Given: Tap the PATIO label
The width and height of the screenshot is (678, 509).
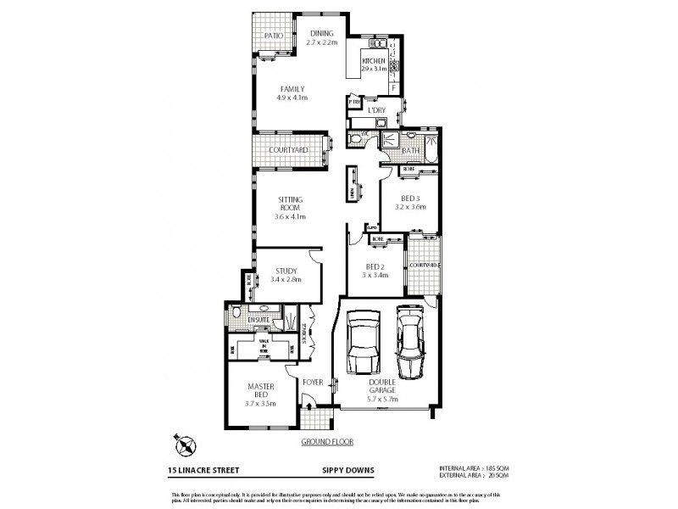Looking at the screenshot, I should click(x=273, y=36).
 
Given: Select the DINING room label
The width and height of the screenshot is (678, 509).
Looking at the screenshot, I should click(x=322, y=33).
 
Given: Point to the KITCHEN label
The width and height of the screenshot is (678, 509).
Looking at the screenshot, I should click(x=375, y=62).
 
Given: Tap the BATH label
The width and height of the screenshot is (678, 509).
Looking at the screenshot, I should click(x=412, y=150).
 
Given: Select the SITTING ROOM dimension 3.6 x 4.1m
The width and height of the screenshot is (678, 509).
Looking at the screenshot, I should click(x=290, y=216).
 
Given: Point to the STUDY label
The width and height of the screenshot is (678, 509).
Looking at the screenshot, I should click(x=286, y=271).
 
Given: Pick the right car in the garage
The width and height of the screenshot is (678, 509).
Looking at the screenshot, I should click(x=412, y=341).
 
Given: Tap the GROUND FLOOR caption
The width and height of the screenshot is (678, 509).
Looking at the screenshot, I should click(x=326, y=442).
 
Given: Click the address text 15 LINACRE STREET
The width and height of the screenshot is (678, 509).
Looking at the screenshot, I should click(x=204, y=469).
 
